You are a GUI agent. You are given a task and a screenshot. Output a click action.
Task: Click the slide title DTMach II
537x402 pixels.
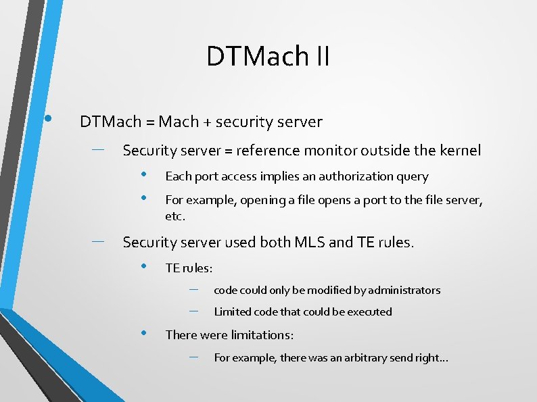(268, 56)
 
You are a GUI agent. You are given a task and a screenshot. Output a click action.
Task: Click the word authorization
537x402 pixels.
(348, 176)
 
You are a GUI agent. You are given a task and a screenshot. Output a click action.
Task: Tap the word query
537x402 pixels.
(414, 177)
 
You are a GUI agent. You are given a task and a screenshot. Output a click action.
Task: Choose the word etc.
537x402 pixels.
(174, 217)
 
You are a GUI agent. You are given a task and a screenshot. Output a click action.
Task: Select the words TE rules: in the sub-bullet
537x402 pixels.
(189, 268)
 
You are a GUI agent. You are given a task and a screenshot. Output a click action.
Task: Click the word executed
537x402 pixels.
(369, 311)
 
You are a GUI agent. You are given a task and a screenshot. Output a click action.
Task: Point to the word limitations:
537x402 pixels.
(262, 335)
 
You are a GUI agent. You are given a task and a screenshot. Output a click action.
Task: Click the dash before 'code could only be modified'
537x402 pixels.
(194, 289)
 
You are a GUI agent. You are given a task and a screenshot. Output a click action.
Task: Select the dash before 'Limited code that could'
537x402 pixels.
(194, 311)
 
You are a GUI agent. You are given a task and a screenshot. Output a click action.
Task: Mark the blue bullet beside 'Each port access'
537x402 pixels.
(144, 175)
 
